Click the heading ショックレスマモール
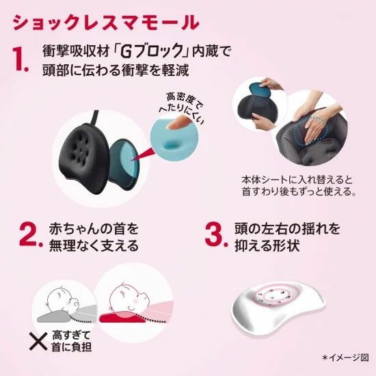click(x=106, y=23)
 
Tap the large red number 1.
click(x=20, y=59)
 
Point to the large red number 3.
click(x=216, y=234)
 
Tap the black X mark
click(x=38, y=341)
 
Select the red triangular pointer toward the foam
click(x=142, y=154)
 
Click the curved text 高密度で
click(x=185, y=101)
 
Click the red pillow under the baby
click(x=122, y=317)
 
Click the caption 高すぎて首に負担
click(x=71, y=341)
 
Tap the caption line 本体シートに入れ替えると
click(x=297, y=180)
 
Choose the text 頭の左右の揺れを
click(x=287, y=228)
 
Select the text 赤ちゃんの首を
click(x=94, y=228)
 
